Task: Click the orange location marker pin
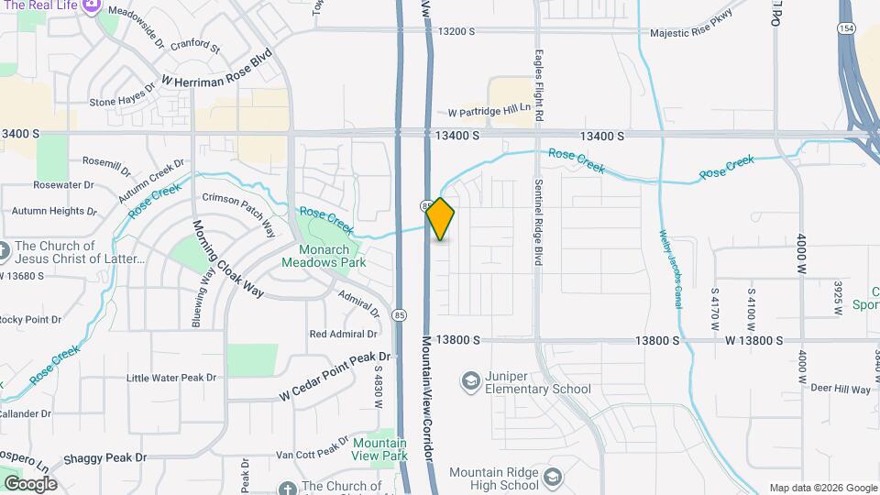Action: pos(441,219)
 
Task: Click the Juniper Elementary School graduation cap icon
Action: pos(471,379)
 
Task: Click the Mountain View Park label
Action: pos(380,449)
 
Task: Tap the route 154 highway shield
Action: pos(845,30)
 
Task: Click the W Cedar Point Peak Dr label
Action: pos(335,377)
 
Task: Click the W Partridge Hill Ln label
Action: pos(490,112)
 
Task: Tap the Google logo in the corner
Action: pos(29,483)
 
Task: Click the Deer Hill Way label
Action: pos(841,390)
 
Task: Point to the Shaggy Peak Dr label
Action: pos(104,457)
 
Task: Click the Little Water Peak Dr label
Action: pos(171,377)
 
